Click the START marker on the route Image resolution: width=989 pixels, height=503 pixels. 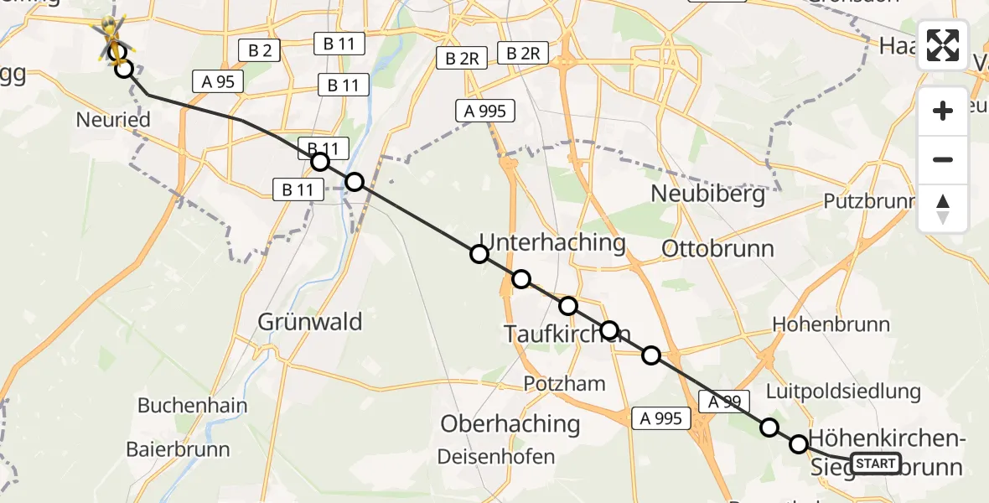pyautogui.click(x=875, y=463)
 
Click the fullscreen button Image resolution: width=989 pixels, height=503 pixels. pyautogui.click(x=943, y=44)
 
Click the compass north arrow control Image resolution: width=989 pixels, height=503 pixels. pyautogui.click(x=943, y=208)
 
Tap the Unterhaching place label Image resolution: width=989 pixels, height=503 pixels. pyautogui.click(x=552, y=243)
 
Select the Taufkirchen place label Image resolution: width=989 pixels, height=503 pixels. pyautogui.click(x=567, y=334)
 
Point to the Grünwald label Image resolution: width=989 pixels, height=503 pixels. pyautogui.click(x=310, y=321)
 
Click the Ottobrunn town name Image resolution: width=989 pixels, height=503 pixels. pyautogui.click(x=717, y=248)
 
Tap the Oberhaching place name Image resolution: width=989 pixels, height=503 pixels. pyautogui.click(x=510, y=423)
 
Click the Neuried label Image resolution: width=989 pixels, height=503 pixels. pyautogui.click(x=113, y=120)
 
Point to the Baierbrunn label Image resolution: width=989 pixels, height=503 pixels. pyautogui.click(x=178, y=449)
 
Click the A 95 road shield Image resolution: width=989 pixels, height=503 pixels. pyautogui.click(x=217, y=80)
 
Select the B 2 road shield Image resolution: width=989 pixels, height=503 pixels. pyautogui.click(x=259, y=51)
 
